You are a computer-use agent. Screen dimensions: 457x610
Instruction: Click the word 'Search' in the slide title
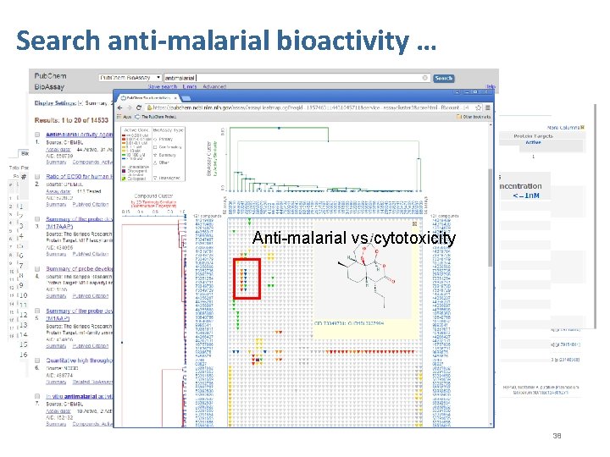point(58,40)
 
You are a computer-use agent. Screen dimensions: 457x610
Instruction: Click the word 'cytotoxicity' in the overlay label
point(414,239)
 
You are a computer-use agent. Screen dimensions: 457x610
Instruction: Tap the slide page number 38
point(557,436)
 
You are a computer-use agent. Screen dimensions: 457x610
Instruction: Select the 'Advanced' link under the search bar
point(214,86)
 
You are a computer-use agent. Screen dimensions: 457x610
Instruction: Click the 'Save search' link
point(163,86)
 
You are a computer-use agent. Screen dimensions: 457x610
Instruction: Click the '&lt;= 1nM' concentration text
point(527,195)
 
